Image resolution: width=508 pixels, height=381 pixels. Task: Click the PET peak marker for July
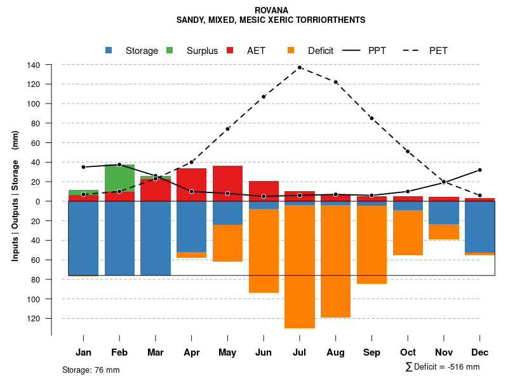tap(300, 67)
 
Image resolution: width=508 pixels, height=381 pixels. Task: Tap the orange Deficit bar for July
tap(300, 267)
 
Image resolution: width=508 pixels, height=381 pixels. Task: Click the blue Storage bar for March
tap(156, 238)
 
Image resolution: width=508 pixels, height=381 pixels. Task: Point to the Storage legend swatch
tap(109, 50)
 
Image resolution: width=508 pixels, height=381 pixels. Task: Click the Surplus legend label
tap(202, 51)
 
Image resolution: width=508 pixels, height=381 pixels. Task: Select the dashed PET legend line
tap(415, 50)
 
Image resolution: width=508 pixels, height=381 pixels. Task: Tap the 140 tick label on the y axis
tap(34, 65)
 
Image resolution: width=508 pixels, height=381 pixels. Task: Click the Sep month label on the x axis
tap(371, 352)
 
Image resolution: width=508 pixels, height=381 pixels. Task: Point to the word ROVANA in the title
tap(271, 10)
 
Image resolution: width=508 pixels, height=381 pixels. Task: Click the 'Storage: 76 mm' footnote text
tap(91, 370)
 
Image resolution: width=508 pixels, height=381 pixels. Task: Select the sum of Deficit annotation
tap(443, 367)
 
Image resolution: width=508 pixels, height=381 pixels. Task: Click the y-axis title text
tap(15, 197)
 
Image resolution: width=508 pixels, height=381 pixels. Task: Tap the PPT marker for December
tap(480, 170)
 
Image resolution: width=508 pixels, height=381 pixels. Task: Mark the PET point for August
tap(336, 82)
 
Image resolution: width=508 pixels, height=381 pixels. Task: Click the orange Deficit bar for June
tap(264, 251)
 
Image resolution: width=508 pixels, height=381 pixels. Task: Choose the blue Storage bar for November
tap(444, 213)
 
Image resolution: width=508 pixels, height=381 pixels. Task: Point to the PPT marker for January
tap(83, 167)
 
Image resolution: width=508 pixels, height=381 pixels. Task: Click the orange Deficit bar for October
tap(408, 232)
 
